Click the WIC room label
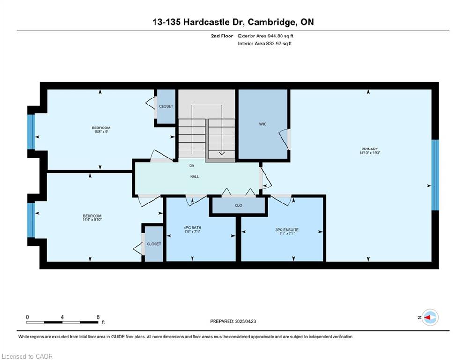(263, 124)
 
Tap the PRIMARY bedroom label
(370, 149)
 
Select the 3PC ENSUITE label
(287, 230)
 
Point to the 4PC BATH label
(192, 228)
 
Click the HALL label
(195, 176)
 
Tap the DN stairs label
(192, 166)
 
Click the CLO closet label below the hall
(238, 205)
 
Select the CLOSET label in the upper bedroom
(166, 106)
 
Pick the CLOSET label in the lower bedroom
(154, 244)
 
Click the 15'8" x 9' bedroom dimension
(101, 132)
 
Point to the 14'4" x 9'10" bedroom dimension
(92, 219)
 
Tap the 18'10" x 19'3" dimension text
(370, 153)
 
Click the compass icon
(430, 317)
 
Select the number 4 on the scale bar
(62, 317)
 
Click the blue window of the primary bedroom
(435, 175)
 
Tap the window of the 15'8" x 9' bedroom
(31, 132)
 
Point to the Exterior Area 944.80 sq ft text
(266, 36)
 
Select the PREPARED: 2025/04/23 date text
(233, 321)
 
